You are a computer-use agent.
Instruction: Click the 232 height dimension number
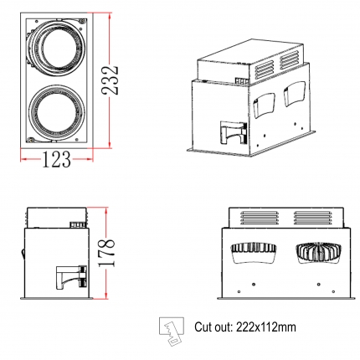(110, 80)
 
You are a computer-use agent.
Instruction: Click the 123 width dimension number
(56, 159)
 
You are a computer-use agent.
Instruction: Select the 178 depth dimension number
(106, 253)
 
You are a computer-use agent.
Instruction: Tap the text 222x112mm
(265, 327)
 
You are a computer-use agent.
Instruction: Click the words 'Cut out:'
(213, 327)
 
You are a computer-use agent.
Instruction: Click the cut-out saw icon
(172, 331)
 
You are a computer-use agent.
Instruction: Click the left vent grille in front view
(259, 218)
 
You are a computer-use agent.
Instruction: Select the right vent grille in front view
(313, 218)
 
